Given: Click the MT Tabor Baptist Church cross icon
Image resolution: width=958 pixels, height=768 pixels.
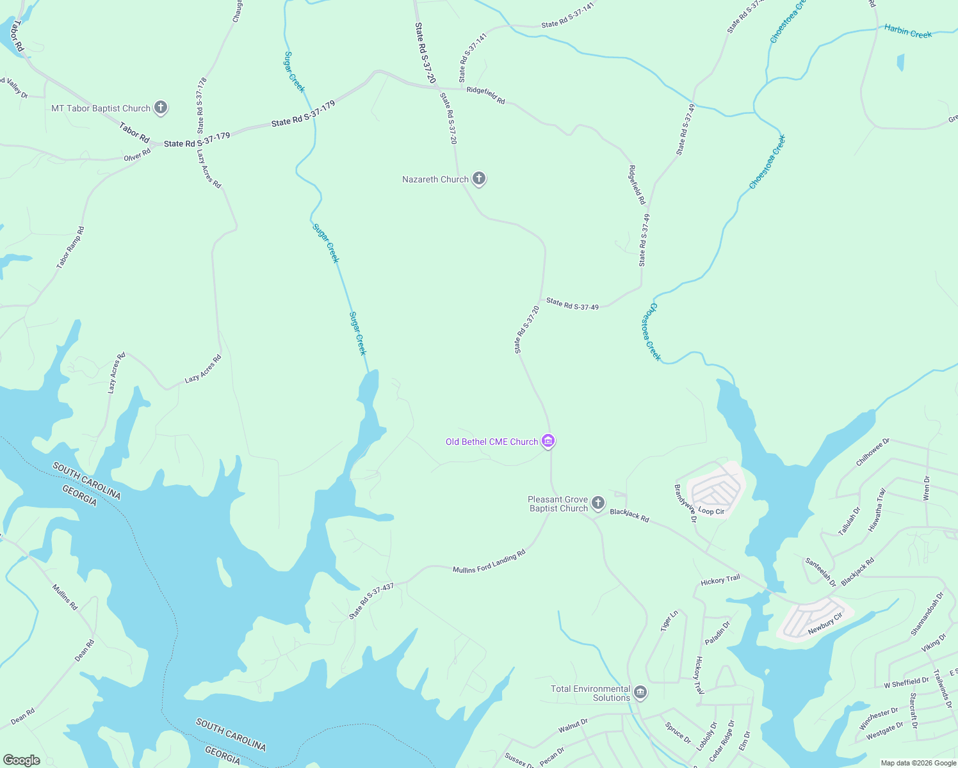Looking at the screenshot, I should [x=161, y=108].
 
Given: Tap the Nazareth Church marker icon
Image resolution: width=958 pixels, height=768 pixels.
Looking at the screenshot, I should [x=479, y=179].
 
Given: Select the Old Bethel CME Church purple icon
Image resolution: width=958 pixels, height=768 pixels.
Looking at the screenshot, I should [x=548, y=442].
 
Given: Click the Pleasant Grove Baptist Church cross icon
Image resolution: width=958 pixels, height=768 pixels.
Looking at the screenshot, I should [x=597, y=503].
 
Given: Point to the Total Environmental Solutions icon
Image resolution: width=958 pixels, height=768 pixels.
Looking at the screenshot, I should [x=640, y=692].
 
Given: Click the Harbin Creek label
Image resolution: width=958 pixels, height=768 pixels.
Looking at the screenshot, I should [x=908, y=31].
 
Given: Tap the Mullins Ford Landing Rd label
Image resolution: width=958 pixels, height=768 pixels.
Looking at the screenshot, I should [x=489, y=561].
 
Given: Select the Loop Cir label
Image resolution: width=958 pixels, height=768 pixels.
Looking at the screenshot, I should [x=711, y=511].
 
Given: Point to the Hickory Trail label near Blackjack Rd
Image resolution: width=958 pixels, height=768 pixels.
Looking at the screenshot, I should [x=720, y=580].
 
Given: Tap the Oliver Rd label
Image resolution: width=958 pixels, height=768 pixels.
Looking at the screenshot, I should [x=137, y=154].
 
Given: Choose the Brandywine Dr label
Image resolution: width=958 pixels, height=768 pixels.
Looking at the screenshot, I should [x=685, y=504].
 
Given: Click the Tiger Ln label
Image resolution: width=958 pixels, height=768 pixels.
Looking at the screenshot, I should [x=669, y=621].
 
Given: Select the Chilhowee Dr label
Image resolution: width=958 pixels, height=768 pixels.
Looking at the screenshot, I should [x=873, y=452].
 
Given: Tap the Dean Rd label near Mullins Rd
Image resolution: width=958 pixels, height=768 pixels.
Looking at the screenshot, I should [x=85, y=650].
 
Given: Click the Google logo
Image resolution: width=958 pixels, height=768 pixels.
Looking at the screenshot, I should [x=21, y=760].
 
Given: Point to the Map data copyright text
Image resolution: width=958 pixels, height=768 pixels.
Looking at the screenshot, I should [x=918, y=763].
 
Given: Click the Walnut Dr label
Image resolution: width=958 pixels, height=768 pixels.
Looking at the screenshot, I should [x=573, y=726].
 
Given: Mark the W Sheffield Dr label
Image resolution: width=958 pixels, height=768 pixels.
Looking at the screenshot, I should [x=906, y=683].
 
